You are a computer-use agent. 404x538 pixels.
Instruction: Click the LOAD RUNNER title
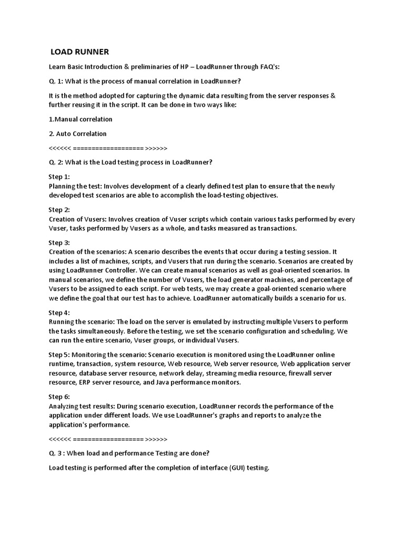point(79,52)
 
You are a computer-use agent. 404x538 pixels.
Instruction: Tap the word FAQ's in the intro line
point(270,67)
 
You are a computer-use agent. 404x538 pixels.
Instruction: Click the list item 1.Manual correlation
point(80,119)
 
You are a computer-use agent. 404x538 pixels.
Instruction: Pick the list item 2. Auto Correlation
point(77,133)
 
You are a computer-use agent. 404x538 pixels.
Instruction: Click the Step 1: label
point(59,177)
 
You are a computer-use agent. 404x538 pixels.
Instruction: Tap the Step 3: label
point(59,243)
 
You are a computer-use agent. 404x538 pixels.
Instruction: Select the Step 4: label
point(59,313)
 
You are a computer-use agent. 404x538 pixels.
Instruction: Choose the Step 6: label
point(59,397)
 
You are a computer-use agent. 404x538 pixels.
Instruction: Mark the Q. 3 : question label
point(58,453)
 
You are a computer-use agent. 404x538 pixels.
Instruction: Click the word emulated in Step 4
point(202,322)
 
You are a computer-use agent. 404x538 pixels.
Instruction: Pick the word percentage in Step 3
point(316,280)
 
